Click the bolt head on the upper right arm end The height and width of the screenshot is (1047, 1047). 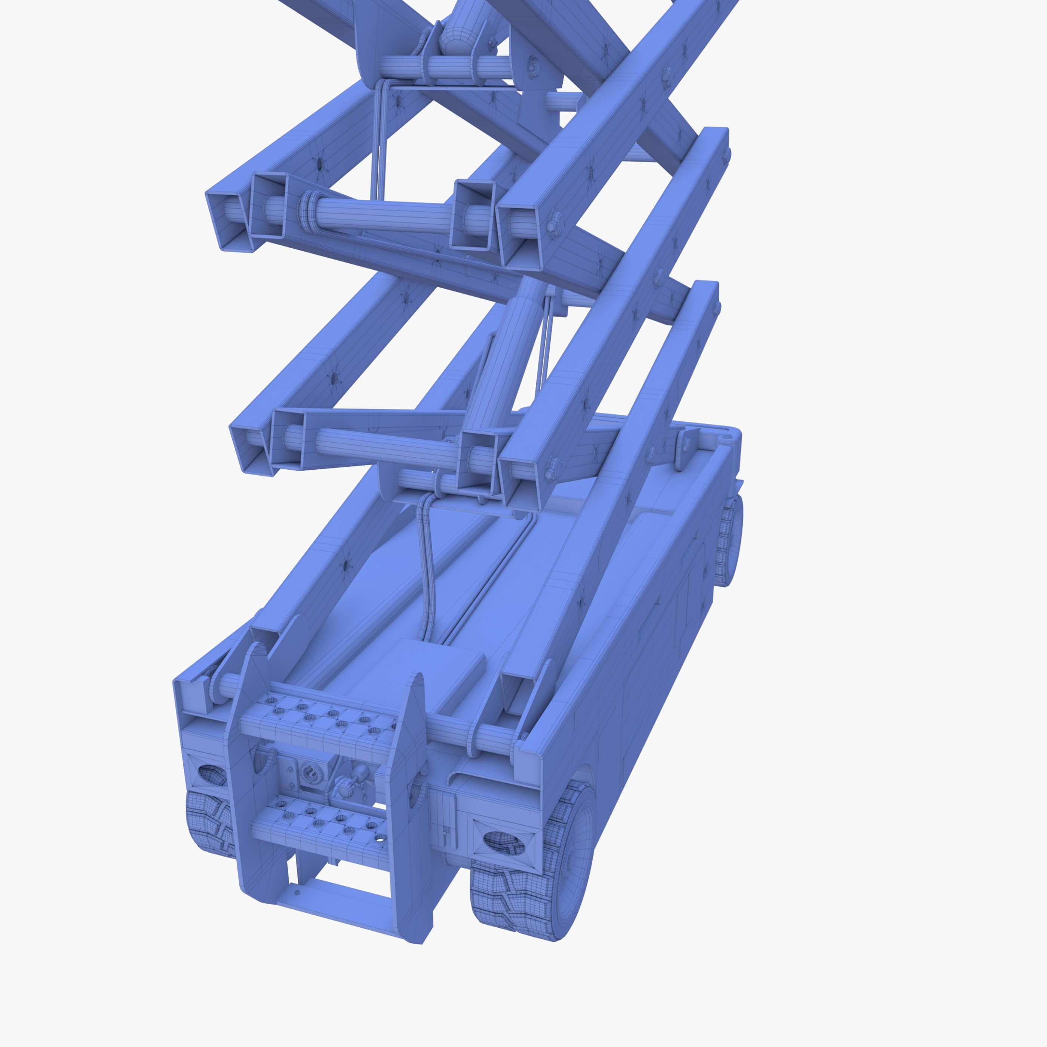pyautogui.click(x=553, y=223)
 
